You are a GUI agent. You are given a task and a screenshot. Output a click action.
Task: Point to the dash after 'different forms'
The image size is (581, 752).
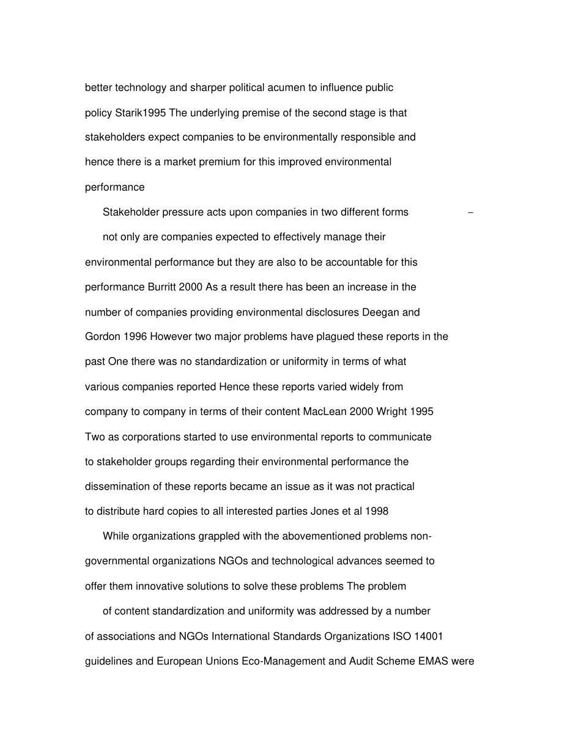(x=470, y=213)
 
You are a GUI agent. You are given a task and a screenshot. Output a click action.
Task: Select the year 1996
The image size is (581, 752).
(x=135, y=337)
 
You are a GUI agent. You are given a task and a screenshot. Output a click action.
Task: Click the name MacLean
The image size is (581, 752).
(x=325, y=411)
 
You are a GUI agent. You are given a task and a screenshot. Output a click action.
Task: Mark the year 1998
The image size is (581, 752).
(x=376, y=511)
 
